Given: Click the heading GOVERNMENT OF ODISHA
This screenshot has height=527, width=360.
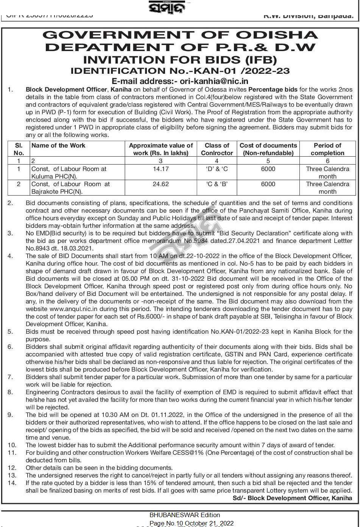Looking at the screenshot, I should tap(180, 35).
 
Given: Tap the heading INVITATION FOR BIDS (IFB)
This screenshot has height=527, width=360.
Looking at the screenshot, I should tap(180, 59).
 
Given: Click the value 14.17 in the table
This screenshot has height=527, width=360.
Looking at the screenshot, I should tap(161, 169).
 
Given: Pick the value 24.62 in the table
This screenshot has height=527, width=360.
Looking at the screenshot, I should tap(161, 184).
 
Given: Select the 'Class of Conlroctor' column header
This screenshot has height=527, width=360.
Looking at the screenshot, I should tap(217, 149).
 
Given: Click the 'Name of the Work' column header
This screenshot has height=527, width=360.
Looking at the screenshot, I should tap(58, 146).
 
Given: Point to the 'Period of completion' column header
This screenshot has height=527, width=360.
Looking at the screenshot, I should tap(327, 149).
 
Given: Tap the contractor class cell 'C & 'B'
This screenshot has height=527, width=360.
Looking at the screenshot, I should tap(217, 184).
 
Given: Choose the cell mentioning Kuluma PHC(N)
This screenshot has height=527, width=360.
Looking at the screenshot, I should tap(69, 173).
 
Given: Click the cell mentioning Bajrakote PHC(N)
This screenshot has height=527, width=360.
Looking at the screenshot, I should tap(70, 188).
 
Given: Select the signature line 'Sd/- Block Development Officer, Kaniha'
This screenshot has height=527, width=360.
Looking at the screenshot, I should tap(292, 498).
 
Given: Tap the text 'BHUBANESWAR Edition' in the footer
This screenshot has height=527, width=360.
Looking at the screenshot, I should tap(185, 515).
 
